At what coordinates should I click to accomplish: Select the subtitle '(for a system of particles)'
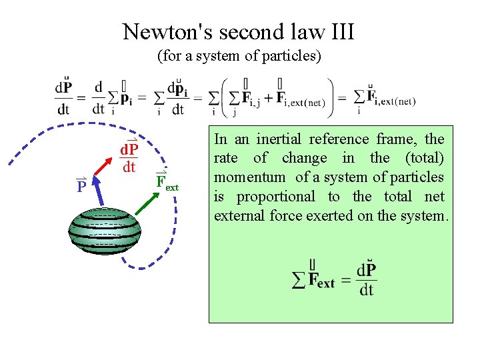[239, 56]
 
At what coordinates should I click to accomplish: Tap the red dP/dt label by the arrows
[128, 157]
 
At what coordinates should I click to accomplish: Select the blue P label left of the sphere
[81, 185]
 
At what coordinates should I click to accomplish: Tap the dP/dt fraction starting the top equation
[65, 98]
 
